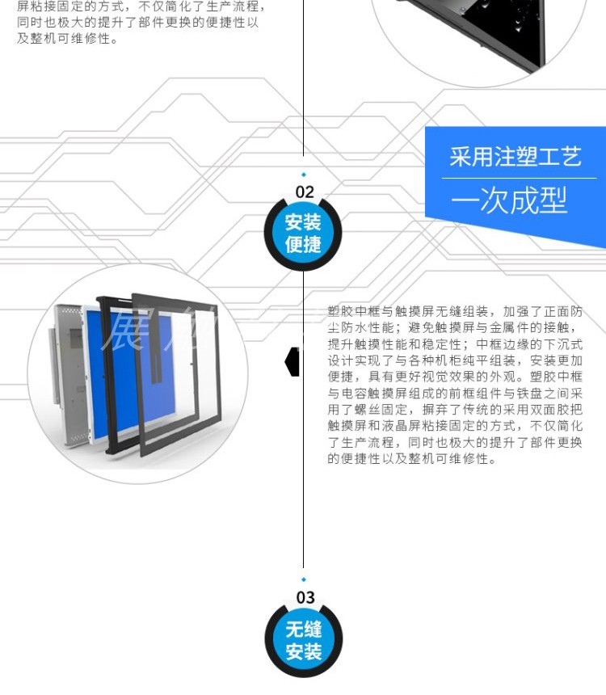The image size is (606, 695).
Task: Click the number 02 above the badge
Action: [304, 192]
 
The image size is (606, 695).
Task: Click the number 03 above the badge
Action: [305, 597]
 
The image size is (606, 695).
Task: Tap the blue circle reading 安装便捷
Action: [304, 233]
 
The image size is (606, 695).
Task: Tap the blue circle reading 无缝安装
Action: [304, 640]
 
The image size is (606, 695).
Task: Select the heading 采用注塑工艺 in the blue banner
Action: [515, 156]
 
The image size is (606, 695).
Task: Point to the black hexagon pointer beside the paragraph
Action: [292, 361]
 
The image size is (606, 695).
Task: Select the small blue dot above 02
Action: [304, 174]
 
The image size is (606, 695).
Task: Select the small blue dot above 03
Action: [304, 579]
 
